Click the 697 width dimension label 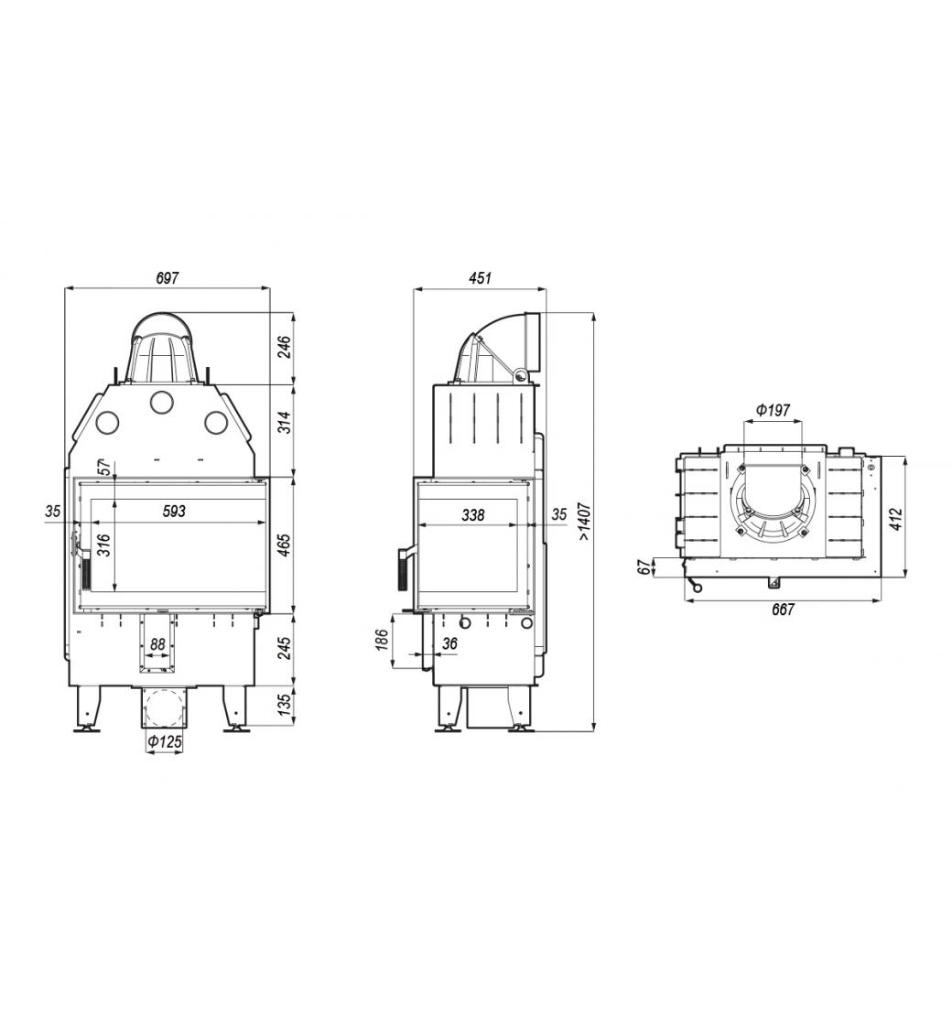point(168,278)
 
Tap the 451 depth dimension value point(480,278)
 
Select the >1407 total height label point(585,521)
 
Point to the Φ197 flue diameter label point(773,411)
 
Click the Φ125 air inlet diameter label point(164,741)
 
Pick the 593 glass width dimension point(174,512)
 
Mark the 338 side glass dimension point(472,515)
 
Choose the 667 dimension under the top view point(783,610)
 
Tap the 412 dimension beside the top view point(896,518)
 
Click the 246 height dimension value point(285,348)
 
